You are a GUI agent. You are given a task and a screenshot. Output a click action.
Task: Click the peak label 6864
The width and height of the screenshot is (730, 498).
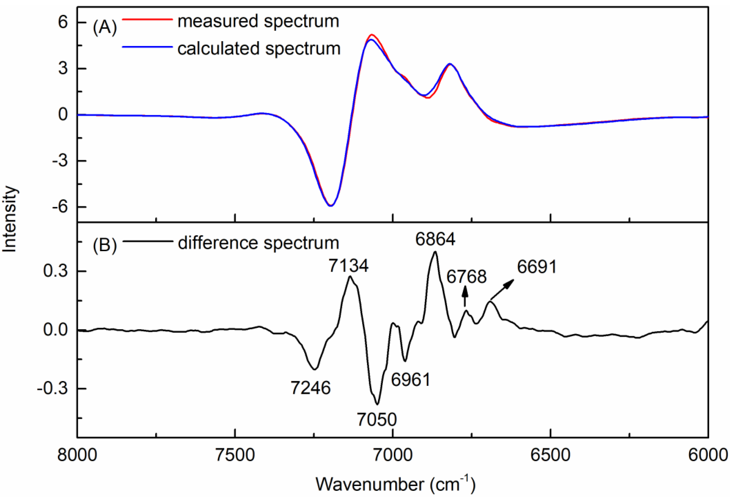pyautogui.click(x=435, y=240)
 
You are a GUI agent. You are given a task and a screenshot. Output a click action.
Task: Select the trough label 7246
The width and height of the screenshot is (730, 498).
pyautogui.click(x=310, y=388)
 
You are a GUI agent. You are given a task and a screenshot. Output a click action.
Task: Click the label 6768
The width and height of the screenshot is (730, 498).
pyautogui.click(x=467, y=277)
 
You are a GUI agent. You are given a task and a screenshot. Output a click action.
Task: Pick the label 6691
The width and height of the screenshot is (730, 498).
pyautogui.click(x=537, y=267)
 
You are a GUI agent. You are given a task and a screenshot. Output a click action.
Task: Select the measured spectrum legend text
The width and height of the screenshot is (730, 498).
pyautogui.click(x=258, y=22)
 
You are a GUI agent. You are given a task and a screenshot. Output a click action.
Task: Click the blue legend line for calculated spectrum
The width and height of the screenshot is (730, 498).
pyautogui.click(x=147, y=47)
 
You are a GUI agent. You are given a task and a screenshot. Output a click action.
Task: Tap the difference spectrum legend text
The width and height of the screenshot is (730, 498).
pyautogui.click(x=258, y=243)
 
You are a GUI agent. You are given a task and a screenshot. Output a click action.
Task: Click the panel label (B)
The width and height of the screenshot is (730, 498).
pyautogui.click(x=105, y=245)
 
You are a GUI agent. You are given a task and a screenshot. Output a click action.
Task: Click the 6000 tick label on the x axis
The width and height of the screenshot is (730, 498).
pyautogui.click(x=708, y=455)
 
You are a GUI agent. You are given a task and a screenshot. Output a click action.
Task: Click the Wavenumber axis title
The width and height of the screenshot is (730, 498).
pyautogui.click(x=396, y=484)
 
